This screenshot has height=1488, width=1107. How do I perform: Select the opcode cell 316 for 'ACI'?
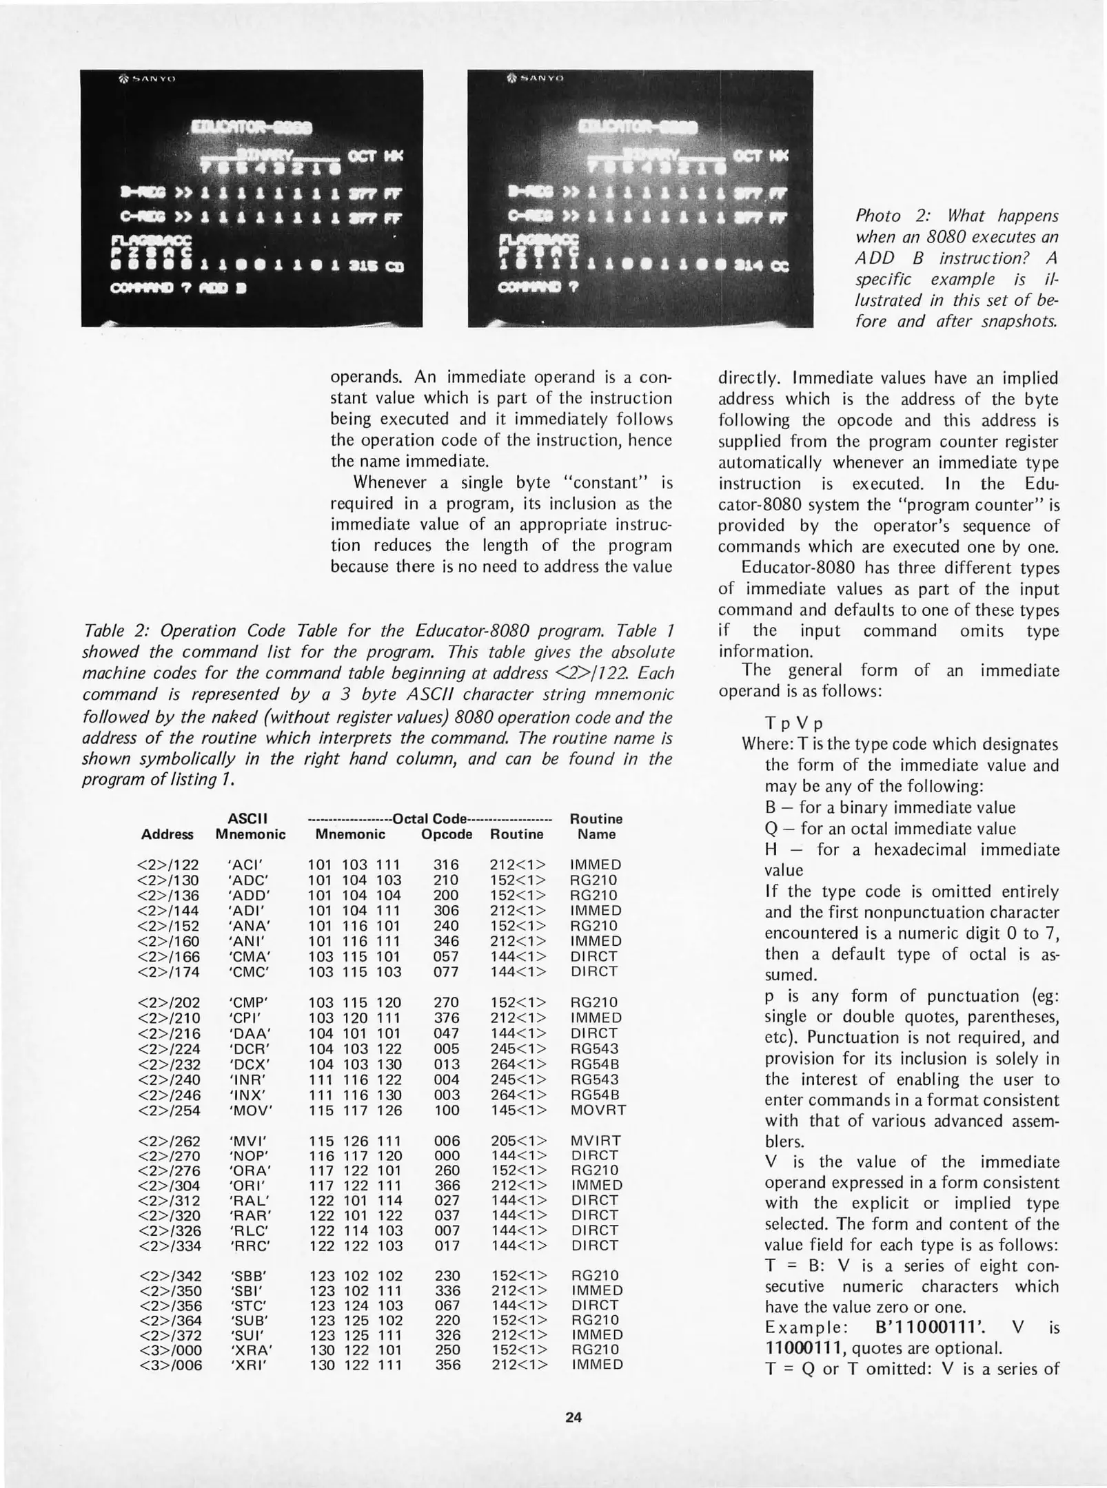(x=447, y=865)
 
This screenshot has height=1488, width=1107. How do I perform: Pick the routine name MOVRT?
(x=598, y=1110)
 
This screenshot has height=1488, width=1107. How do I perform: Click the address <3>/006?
(x=170, y=1365)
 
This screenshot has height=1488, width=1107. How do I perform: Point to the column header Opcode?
(x=447, y=834)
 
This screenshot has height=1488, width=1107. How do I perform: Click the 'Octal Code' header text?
(x=429, y=819)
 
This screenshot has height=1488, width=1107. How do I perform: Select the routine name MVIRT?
(x=596, y=1141)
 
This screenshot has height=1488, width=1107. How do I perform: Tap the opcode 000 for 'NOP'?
(x=447, y=1155)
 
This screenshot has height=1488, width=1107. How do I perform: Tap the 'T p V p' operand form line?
(x=793, y=724)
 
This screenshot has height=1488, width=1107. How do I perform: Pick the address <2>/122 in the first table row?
(x=169, y=865)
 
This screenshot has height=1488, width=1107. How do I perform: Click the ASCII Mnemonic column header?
(x=250, y=827)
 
